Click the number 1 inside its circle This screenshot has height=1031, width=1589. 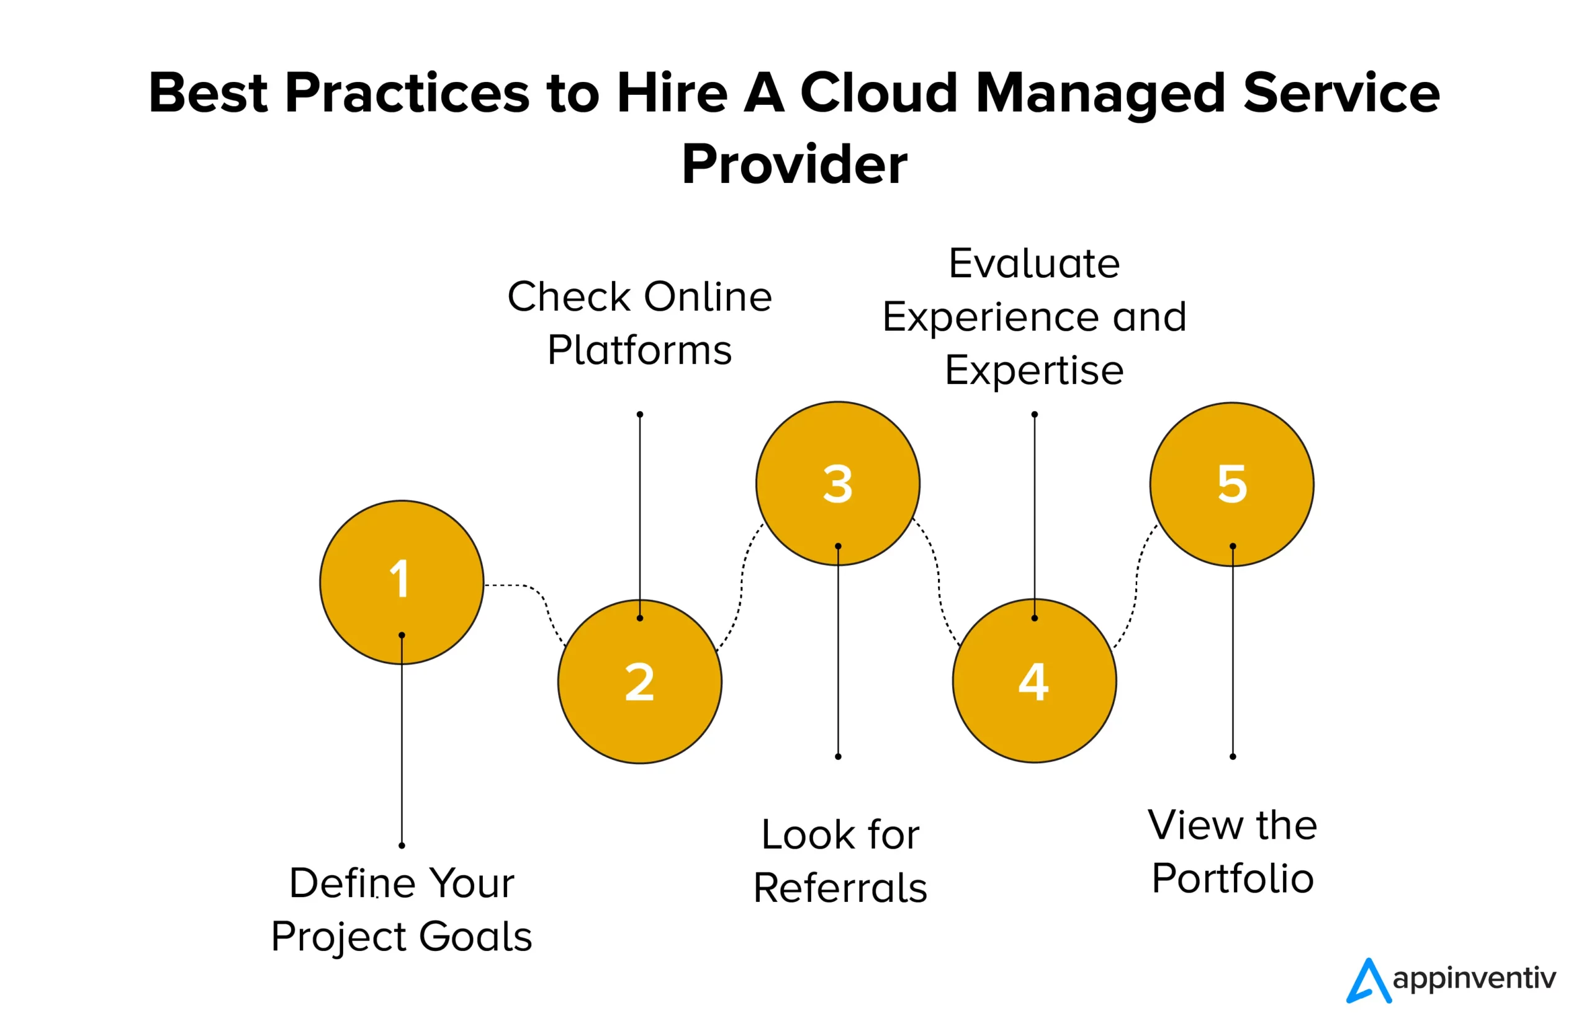(x=399, y=579)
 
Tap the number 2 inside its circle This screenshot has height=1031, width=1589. (x=639, y=682)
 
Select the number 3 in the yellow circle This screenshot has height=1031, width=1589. (x=837, y=484)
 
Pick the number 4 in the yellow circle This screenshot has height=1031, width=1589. (x=1033, y=682)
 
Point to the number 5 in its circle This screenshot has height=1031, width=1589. (x=1232, y=484)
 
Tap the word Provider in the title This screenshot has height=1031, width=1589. (x=794, y=164)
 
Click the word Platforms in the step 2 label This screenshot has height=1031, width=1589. (x=639, y=350)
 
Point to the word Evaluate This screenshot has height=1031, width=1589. (x=1034, y=264)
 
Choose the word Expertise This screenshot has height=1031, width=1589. (x=1034, y=370)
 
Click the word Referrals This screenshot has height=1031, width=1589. (x=840, y=888)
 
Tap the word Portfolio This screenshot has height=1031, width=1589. (x=1233, y=878)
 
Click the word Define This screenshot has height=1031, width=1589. (x=352, y=883)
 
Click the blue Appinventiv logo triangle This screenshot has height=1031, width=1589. (x=1368, y=981)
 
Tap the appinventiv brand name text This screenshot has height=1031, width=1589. (x=1474, y=978)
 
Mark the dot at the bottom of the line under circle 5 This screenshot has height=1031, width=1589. (x=1233, y=757)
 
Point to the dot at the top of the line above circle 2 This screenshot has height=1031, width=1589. (x=639, y=414)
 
